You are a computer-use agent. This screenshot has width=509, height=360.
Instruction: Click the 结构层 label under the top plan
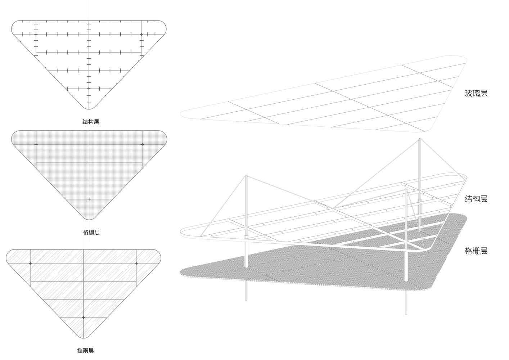(91, 122)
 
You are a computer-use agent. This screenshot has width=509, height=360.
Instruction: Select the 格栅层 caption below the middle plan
(91, 232)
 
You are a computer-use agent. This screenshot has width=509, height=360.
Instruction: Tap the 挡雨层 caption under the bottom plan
(85, 350)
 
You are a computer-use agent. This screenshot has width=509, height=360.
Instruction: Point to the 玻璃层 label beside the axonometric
(476, 93)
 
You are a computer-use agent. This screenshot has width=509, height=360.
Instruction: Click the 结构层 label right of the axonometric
(476, 199)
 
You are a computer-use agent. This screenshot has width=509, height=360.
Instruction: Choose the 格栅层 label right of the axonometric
(476, 251)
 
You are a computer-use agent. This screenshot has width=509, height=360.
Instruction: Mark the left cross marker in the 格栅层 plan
(36, 145)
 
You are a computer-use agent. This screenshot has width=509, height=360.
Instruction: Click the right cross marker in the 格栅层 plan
(142, 145)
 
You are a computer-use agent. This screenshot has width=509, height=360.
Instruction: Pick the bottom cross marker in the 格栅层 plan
(89, 199)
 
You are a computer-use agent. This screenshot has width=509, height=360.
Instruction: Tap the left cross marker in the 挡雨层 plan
(31, 263)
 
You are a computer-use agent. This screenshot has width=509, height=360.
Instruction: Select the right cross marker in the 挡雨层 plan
(136, 263)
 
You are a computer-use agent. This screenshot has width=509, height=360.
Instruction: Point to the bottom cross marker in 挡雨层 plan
(84, 318)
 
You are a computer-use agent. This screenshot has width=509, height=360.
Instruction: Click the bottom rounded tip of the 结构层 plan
(89, 109)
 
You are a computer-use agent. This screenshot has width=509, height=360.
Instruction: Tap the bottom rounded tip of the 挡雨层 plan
(84, 338)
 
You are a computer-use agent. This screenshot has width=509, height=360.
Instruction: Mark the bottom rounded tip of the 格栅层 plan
(89, 220)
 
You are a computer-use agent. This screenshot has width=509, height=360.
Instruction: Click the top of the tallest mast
(419, 139)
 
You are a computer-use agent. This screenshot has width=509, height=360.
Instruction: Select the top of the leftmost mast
(246, 175)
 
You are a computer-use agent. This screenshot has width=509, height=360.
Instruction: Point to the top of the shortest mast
(406, 189)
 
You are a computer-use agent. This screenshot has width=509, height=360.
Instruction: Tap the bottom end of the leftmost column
(246, 301)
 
